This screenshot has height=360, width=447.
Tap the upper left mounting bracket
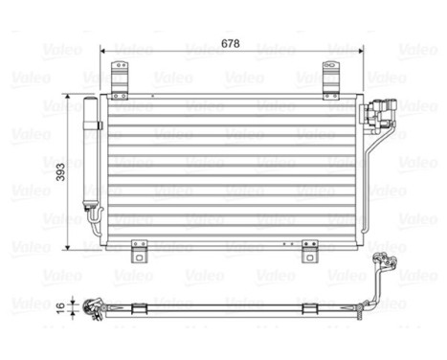(119, 81)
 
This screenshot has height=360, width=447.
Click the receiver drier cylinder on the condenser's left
(94, 154)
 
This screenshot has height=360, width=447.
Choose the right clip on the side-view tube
(309, 306)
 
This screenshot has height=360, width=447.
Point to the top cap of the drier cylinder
(94, 100)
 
